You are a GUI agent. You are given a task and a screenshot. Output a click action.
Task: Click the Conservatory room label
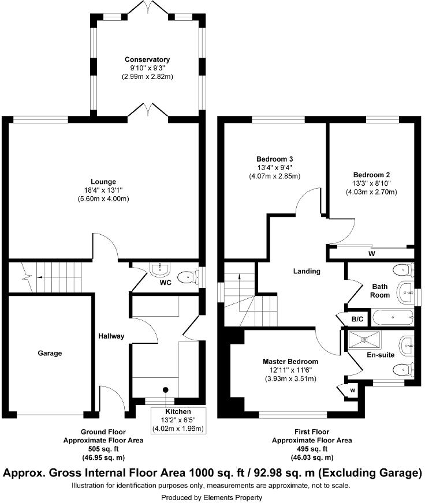point(147,59)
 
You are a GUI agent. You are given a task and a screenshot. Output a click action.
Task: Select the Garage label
point(50,353)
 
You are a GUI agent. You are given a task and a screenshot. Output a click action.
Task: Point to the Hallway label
point(111,336)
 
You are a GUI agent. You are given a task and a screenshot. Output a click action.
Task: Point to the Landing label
point(306,271)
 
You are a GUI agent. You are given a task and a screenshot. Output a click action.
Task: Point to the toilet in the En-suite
point(402,370)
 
